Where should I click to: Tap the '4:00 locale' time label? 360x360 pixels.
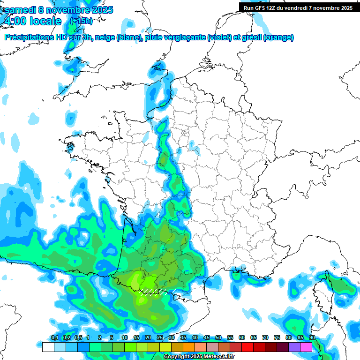pos(32,21)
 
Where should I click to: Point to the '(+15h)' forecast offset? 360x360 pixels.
pos(81,21)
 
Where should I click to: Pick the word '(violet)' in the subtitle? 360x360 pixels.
pos(219,37)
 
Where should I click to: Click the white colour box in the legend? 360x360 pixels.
pos(48,347)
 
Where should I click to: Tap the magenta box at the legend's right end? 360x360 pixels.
pos(306,347)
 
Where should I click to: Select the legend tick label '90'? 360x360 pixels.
pos(312,337)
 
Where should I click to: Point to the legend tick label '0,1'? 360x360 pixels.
pos(54,337)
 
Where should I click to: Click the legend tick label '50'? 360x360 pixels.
pos(218,337)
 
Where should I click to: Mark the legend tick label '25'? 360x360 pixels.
pos(160,337)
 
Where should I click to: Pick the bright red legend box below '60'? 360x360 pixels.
pos(247,347)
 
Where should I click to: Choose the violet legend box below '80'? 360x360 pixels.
pos(294,347)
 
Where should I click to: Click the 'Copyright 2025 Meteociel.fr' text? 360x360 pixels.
pos(199,357)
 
